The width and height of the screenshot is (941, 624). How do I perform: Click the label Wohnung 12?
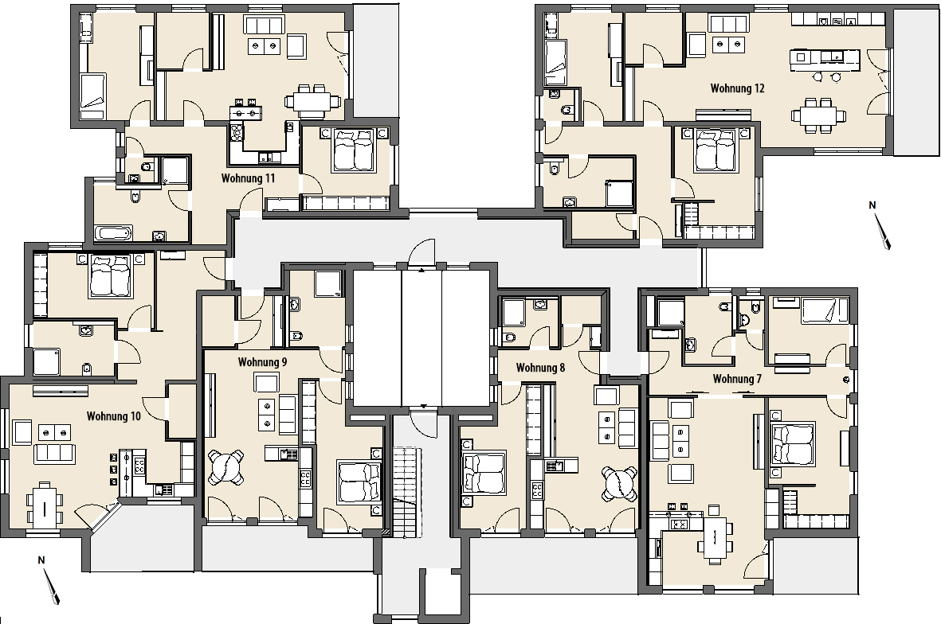[x=738, y=88]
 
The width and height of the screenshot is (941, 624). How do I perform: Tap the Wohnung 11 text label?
[x=248, y=178]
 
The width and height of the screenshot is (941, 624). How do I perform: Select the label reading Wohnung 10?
[x=113, y=416]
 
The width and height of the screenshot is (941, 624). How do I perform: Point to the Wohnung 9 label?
[x=262, y=362]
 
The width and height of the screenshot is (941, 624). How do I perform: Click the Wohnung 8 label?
[x=540, y=368]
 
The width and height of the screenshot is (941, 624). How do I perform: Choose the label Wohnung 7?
[x=737, y=379]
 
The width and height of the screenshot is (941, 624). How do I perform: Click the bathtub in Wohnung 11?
[x=113, y=233]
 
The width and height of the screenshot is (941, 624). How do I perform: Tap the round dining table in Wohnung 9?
[x=226, y=467]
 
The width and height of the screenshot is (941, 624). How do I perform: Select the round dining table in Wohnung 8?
[x=620, y=484]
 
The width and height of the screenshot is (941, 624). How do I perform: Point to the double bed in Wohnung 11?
[x=354, y=150]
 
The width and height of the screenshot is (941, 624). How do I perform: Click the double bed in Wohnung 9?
[x=359, y=482]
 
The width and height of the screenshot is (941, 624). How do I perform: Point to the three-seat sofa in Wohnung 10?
[x=55, y=454]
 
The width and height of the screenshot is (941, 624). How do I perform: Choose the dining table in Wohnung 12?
[x=818, y=114]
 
